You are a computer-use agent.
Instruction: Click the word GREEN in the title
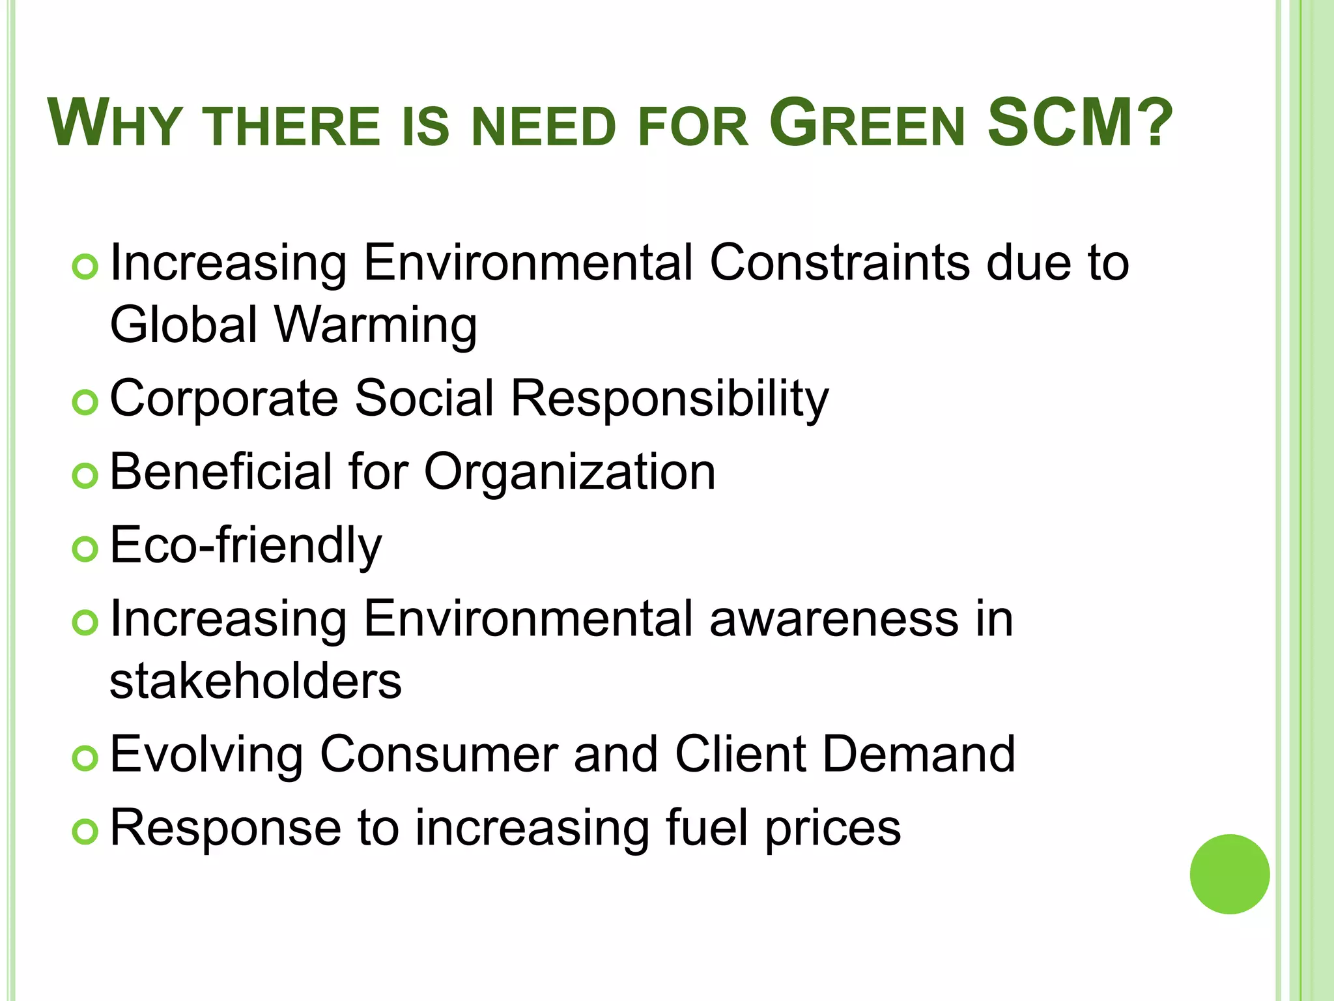pyautogui.click(x=866, y=124)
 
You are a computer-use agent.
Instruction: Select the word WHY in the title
pyautogui.click(x=114, y=124)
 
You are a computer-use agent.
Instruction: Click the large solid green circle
pyautogui.click(x=1229, y=874)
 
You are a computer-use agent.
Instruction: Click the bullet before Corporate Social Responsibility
pyautogui.click(x=85, y=403)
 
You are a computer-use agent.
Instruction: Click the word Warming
pyautogui.click(x=376, y=325)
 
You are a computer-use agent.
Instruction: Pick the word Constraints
pyautogui.click(x=840, y=263)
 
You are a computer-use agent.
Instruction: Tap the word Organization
pyautogui.click(x=570, y=472)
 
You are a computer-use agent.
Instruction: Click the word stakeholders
pyautogui.click(x=255, y=681)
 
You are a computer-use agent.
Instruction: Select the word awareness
pyautogui.click(x=834, y=618)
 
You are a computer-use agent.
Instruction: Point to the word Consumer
pyautogui.click(x=440, y=754)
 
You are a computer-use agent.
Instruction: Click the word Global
pyautogui.click(x=184, y=325)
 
